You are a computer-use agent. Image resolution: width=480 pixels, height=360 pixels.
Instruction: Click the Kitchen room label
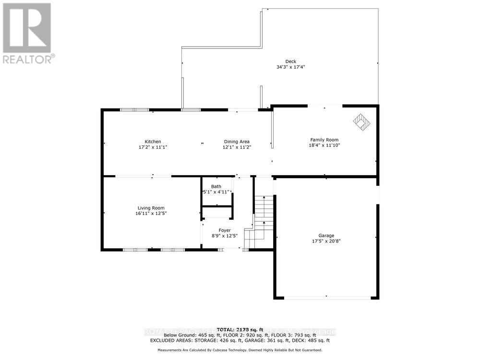(153, 142)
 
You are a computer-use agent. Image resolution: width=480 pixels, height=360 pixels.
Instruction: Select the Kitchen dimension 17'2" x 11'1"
(153, 147)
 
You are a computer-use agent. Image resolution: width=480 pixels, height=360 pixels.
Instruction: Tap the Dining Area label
(237, 142)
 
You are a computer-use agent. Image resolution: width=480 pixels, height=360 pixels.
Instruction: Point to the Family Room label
(324, 140)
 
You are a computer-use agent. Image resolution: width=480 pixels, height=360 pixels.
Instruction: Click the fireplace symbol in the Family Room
(362, 122)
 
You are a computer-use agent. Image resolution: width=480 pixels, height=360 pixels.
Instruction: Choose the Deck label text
(291, 61)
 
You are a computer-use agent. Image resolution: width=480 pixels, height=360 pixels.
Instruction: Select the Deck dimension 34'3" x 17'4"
(291, 67)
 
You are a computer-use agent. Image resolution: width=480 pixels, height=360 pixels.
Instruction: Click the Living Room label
(152, 208)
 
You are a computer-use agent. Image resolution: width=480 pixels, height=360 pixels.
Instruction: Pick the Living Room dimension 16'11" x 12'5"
(152, 214)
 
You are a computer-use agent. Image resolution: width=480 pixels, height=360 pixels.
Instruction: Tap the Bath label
(216, 186)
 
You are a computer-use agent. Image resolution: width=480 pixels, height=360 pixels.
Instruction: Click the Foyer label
(225, 230)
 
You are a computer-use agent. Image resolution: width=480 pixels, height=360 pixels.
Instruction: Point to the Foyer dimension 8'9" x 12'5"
(225, 236)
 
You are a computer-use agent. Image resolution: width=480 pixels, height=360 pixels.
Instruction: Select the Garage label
(326, 236)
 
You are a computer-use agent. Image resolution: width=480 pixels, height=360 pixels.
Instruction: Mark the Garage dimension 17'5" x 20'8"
(326, 241)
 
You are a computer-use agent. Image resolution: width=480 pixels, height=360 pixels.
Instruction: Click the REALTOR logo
(28, 34)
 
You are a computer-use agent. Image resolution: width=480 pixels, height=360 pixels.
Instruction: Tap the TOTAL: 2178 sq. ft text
(240, 329)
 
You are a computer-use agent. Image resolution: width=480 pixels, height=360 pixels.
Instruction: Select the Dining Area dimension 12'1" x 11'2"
(237, 147)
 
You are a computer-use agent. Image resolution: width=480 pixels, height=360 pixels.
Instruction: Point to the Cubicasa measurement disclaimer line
(240, 351)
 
